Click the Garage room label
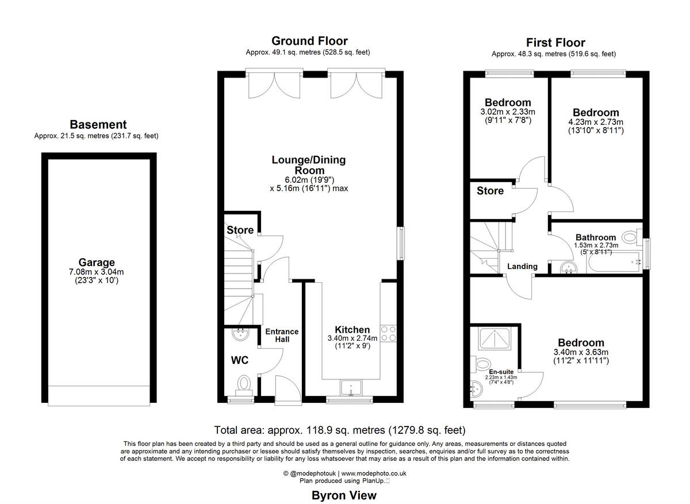97,262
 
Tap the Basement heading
97,125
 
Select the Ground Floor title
309,41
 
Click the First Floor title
555,43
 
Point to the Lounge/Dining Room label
309,165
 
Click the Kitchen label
352,330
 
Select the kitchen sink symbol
350,388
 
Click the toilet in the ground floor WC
244,383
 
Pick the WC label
240,360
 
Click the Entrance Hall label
282,335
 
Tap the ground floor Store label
240,230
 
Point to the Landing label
522,266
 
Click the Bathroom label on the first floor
596,237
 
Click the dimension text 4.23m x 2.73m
596,122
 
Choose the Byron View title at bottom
344,495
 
